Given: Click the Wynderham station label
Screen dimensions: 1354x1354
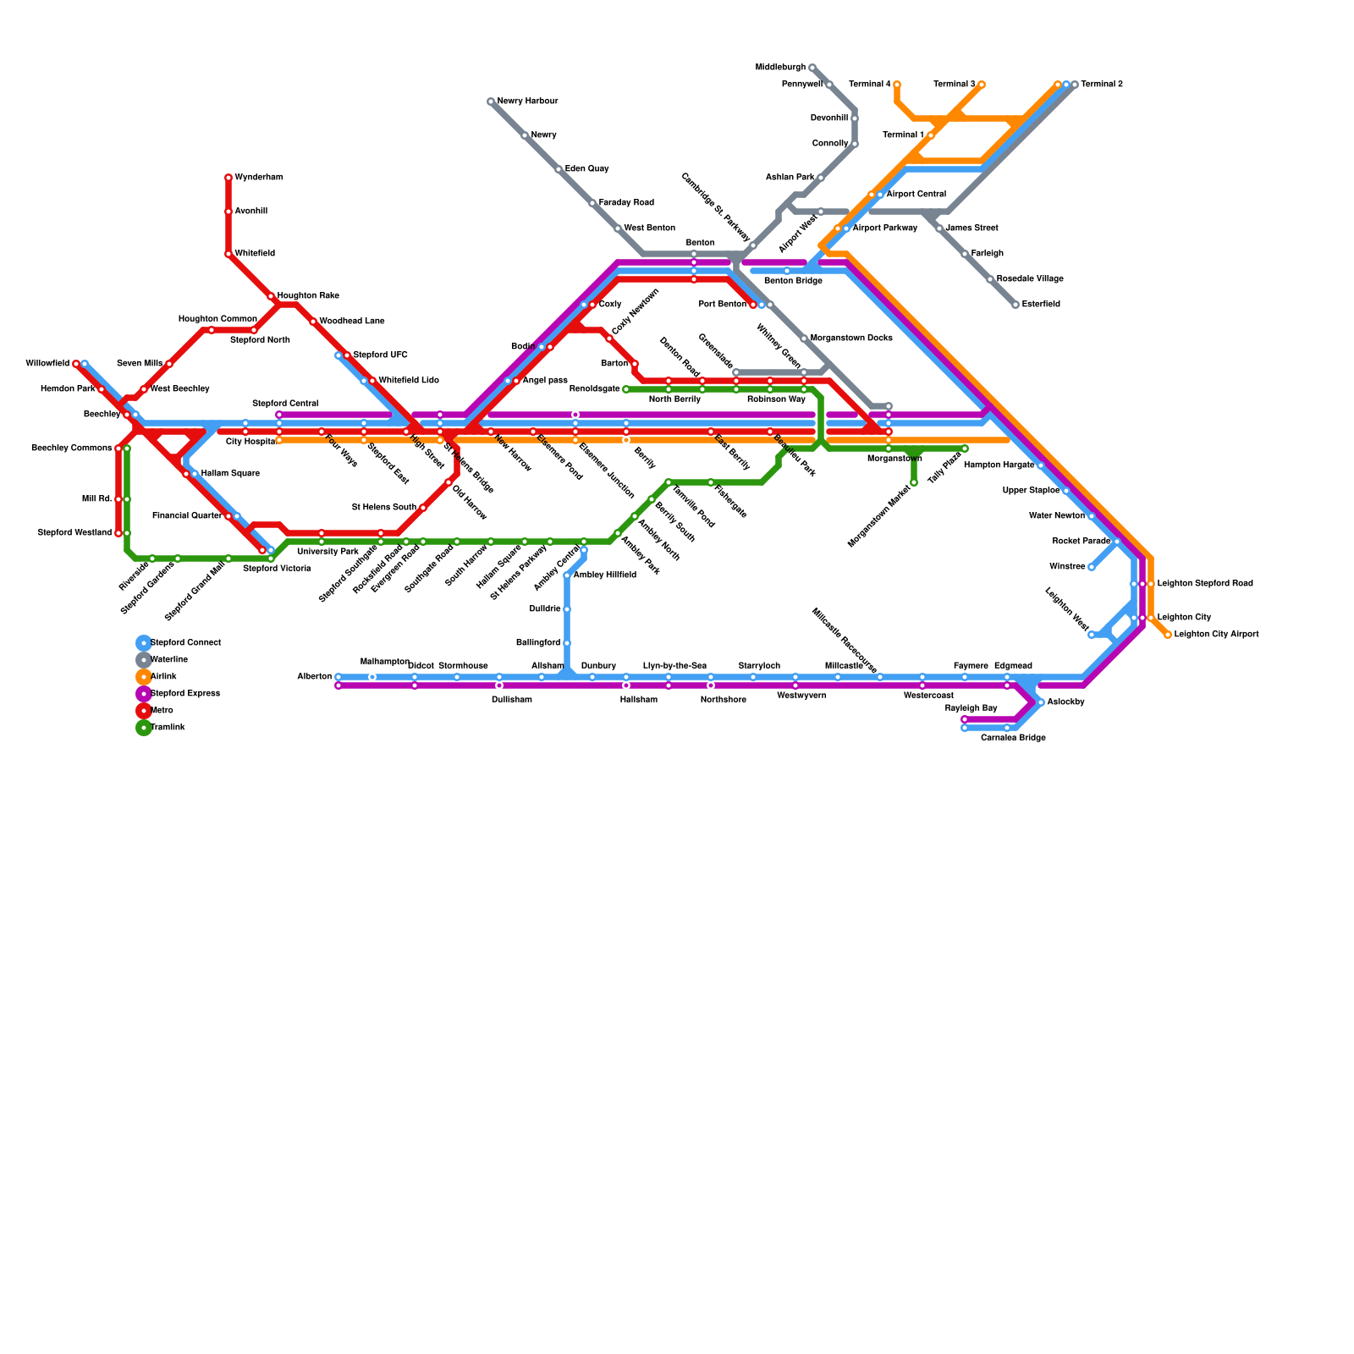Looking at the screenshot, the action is point(258,178).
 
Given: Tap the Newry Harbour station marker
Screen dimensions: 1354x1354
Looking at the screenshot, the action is point(491,102).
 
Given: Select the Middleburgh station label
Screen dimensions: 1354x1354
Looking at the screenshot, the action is point(780,68).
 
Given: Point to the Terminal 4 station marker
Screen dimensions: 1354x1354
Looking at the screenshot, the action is point(897,85).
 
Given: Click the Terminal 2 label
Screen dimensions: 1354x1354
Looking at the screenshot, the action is point(1102,85).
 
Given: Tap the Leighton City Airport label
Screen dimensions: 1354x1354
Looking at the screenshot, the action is point(1216,635).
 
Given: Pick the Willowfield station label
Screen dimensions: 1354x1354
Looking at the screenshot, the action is point(47,364).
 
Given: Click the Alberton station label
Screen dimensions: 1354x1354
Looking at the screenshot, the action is point(314,677).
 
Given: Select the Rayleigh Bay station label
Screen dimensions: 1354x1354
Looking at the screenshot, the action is point(971,708).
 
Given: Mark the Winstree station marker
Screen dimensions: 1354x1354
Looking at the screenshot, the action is point(1092,567).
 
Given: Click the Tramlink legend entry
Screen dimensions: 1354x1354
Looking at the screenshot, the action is point(168,728).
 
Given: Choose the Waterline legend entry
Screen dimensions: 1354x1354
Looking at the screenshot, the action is point(169,660).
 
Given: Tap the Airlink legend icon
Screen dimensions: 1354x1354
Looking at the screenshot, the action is point(144,677).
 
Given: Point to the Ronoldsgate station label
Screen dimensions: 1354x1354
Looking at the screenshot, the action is point(594,389).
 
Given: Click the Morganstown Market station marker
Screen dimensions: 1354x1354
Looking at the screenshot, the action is point(914,482).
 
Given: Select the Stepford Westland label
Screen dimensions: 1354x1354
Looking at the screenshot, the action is point(74,533).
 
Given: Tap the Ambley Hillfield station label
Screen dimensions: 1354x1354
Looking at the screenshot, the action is point(604,575).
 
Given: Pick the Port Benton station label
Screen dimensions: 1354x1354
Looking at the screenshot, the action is point(723,305).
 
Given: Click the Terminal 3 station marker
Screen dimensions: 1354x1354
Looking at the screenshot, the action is point(982,85).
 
